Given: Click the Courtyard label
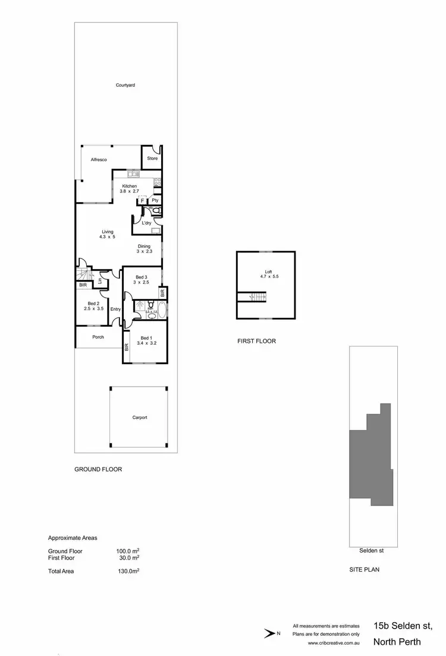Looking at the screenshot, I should (125, 86).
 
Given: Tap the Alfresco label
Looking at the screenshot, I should (98, 160).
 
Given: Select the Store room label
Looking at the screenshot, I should (152, 159).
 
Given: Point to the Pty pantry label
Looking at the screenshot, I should (155, 201).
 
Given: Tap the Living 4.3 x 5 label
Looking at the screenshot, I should (107, 234).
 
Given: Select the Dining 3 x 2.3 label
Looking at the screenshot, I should (144, 248).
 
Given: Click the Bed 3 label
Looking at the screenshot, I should (141, 280).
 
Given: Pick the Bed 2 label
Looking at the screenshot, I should (94, 305).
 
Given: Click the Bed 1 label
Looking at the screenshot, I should (146, 340).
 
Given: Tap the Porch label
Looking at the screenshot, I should (98, 337).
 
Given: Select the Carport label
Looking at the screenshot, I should (140, 418).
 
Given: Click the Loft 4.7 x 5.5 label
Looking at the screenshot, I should (266, 274).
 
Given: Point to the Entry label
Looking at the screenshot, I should (115, 309).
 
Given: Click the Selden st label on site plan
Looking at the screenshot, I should (372, 551).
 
